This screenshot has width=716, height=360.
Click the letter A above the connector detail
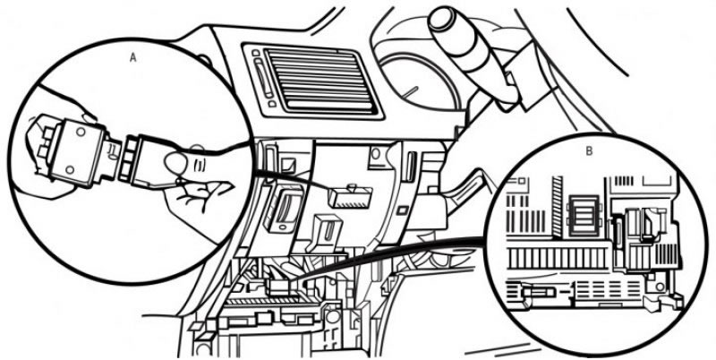coord(132,57)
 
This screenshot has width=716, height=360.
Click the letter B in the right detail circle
coord(589,151)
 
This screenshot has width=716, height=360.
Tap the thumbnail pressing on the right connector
coord(173,162)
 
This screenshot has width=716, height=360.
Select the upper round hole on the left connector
coord(81,132)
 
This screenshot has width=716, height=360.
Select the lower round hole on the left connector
coord(70,170)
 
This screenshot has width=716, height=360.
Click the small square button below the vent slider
coord(272,104)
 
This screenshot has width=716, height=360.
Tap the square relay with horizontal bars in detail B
coord(584,215)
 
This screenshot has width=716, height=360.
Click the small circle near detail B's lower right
coord(660,287)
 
